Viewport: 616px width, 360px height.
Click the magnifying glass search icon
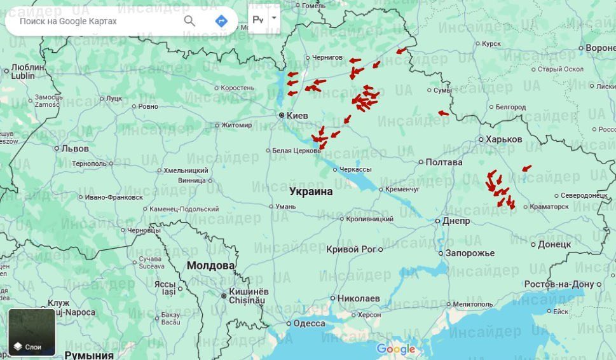[x=189, y=21]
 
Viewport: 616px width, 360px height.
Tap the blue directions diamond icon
[x=221, y=21]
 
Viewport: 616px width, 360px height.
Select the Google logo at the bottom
[x=395, y=349]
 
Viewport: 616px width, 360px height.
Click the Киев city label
[x=297, y=116]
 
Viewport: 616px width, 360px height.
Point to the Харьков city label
[x=503, y=139]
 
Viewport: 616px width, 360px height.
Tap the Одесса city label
[x=309, y=323]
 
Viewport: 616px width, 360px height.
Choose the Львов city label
[x=75, y=148]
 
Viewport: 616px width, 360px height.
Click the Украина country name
[x=311, y=191]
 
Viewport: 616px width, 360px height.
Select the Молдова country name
[x=210, y=265]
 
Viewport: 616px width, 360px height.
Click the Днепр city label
[x=456, y=221]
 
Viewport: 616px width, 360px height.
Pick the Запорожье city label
[x=470, y=253]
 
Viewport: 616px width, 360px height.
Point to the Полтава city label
[x=444, y=162]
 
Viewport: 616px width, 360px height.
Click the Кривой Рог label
[x=351, y=249]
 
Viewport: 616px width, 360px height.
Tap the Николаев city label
[x=359, y=298]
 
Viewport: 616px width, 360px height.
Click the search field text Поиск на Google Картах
[x=68, y=21]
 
